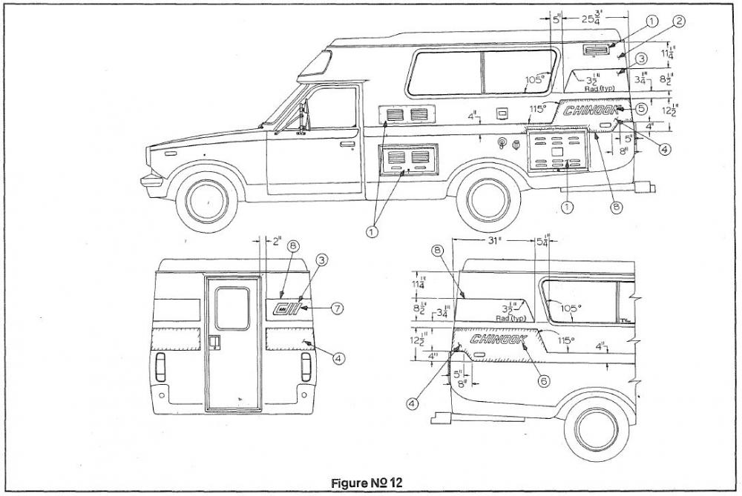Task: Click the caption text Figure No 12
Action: coord(367,483)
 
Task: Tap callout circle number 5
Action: coord(641,108)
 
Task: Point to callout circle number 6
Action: coord(543,381)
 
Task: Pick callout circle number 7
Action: coord(338,308)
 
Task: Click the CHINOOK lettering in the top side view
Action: coord(590,110)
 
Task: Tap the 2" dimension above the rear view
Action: coord(276,241)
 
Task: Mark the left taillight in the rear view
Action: coord(161,367)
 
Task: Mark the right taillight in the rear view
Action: coord(306,367)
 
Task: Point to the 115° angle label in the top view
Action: coord(538,109)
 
